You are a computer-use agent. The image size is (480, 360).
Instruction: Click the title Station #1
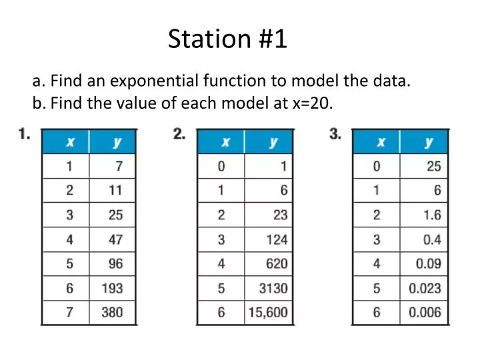pyautogui.click(x=227, y=39)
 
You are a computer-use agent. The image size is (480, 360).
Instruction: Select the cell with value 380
pyautogui.click(x=112, y=312)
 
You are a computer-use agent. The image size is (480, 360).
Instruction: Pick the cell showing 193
pyautogui.click(x=112, y=288)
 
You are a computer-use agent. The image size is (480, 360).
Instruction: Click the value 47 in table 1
pyautogui.click(x=115, y=239)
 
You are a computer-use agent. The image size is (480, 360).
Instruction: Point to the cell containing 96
pyautogui.click(x=115, y=263)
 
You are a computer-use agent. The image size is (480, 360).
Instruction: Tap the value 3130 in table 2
pyautogui.click(x=273, y=288)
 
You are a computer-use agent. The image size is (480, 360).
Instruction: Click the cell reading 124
pyautogui.click(x=275, y=239)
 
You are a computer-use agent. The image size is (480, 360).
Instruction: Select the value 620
pyautogui.click(x=275, y=263)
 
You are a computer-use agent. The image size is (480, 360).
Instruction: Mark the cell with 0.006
pyautogui.click(x=425, y=312)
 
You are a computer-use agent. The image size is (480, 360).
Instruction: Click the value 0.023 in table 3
pyautogui.click(x=425, y=288)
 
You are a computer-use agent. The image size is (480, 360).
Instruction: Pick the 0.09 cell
pyautogui.click(x=428, y=263)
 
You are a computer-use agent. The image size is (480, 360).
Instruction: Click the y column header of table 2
pyautogui.click(x=273, y=142)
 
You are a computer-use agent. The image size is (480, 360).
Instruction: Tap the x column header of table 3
pyautogui.click(x=380, y=142)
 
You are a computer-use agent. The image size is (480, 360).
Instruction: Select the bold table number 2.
pyautogui.click(x=179, y=134)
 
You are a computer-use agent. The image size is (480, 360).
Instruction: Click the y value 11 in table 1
pyautogui.click(x=115, y=190)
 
